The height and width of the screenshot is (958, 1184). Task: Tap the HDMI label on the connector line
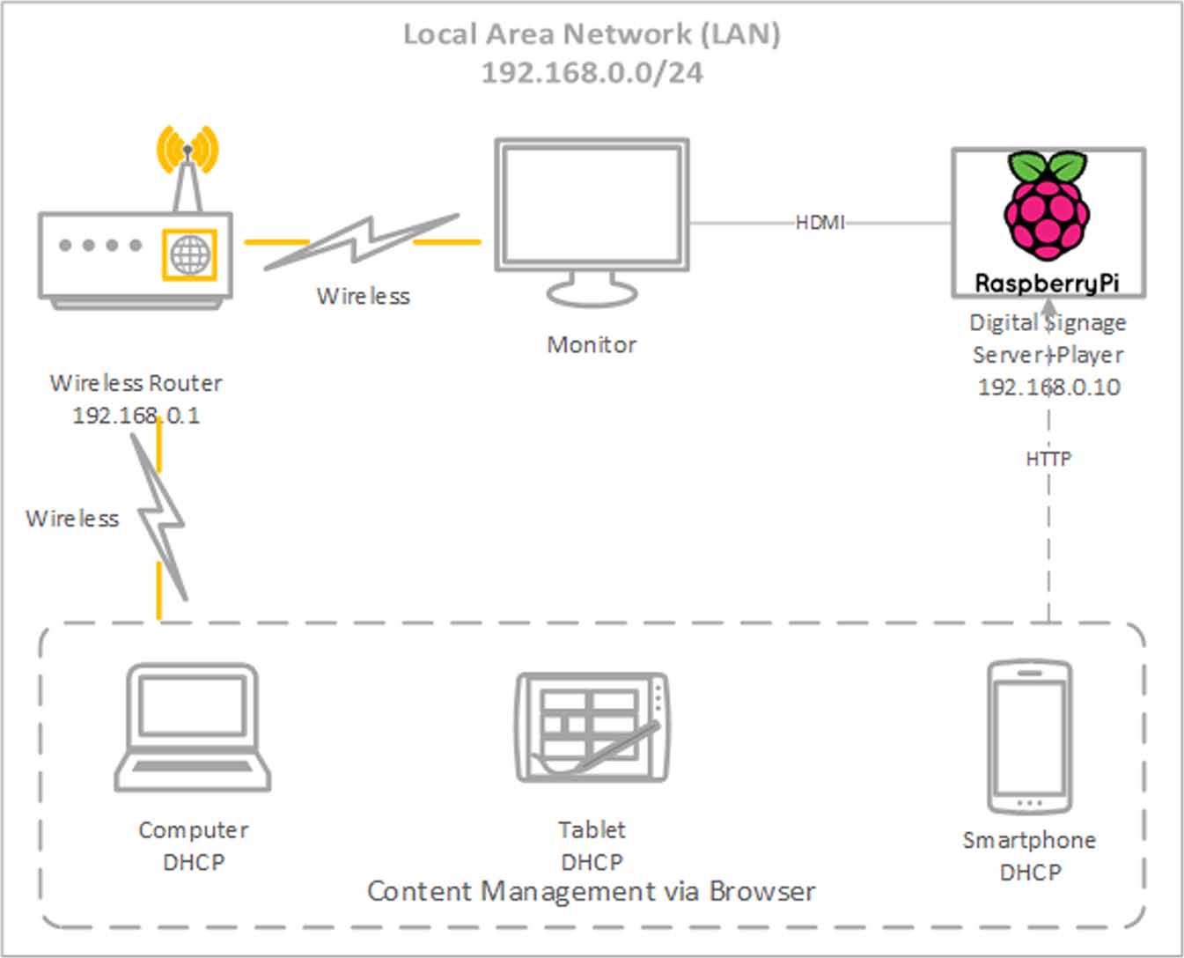tap(820, 223)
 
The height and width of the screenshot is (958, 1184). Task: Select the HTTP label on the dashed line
tap(1048, 459)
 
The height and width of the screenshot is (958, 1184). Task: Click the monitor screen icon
tap(592, 211)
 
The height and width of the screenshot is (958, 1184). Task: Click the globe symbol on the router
tap(190, 255)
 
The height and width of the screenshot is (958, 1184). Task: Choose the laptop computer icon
tap(193, 727)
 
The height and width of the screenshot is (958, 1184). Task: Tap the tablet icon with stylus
tap(592, 727)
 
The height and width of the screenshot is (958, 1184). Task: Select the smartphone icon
tap(1029, 736)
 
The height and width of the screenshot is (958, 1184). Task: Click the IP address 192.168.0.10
tap(1048, 387)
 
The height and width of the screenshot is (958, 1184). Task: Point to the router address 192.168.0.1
tap(136, 416)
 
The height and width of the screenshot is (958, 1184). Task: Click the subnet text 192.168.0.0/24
tap(592, 72)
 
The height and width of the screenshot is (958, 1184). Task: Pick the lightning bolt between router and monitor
tap(361, 242)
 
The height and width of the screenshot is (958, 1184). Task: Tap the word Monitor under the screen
tap(592, 344)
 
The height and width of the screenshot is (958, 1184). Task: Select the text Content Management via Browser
tap(591, 891)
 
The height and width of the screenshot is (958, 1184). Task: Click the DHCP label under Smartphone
tap(1030, 873)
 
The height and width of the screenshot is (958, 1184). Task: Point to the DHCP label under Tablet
tap(592, 862)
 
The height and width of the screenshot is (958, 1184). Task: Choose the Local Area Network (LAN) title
tap(592, 34)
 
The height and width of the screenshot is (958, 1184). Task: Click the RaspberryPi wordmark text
tap(1047, 284)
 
